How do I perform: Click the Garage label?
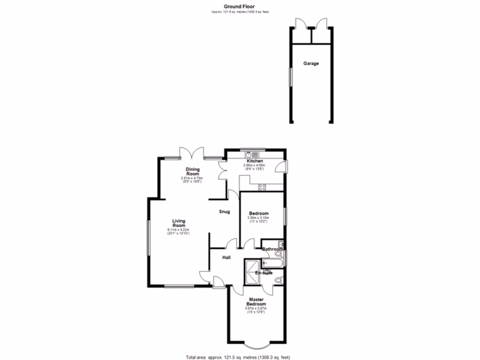tap(311, 63)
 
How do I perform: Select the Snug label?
tap(225, 212)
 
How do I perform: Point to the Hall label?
tap(226, 257)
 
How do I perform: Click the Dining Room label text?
tap(192, 172)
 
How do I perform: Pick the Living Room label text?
tap(179, 223)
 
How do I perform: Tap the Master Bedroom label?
tap(256, 301)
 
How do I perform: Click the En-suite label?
tap(264, 273)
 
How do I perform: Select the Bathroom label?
tap(272, 249)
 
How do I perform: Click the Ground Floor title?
tap(240, 7)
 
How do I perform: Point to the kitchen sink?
tap(253, 154)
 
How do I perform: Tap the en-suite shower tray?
tap(251, 273)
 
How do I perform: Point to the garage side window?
tap(290, 77)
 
